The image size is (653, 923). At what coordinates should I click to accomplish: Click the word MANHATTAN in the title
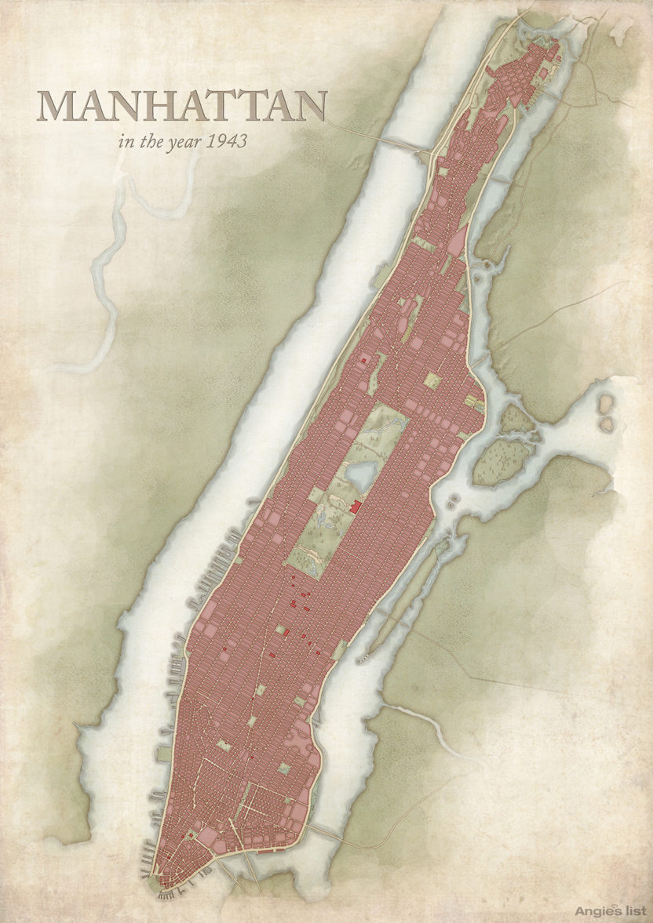pos(183,107)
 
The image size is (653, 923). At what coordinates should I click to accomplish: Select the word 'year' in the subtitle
pos(181,144)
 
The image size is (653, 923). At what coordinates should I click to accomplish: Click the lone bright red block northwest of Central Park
pos(363,358)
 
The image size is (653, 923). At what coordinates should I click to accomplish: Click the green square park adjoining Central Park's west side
pos(316,495)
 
